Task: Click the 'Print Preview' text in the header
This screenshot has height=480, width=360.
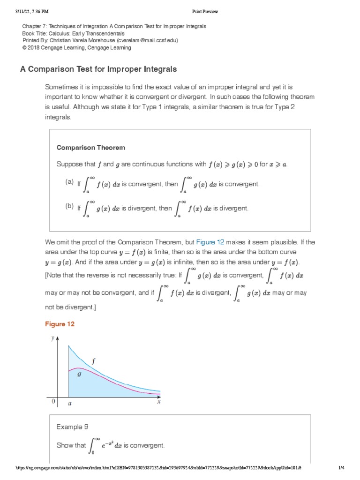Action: click(x=205, y=11)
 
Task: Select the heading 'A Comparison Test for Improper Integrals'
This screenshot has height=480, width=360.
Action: click(x=98, y=69)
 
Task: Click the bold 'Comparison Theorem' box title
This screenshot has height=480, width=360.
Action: click(x=91, y=148)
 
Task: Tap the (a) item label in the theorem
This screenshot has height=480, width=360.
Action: click(x=69, y=182)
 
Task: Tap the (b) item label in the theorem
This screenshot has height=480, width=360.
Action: click(x=69, y=206)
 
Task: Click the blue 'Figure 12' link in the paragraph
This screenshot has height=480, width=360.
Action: click(x=210, y=242)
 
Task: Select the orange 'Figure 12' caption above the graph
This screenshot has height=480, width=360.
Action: click(x=60, y=324)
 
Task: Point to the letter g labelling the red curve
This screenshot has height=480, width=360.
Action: click(x=79, y=375)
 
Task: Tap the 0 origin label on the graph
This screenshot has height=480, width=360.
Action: click(x=53, y=402)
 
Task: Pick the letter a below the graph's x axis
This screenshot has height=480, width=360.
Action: click(x=69, y=403)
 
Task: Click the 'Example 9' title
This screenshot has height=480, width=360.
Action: click(x=72, y=427)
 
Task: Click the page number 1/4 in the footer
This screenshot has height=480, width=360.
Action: click(x=341, y=468)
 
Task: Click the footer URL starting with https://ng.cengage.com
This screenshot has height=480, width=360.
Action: click(x=157, y=468)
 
